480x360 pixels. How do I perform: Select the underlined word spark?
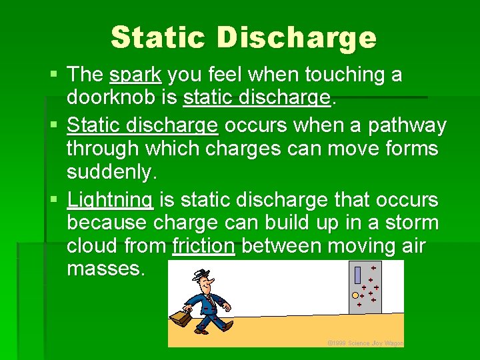coord(135,75)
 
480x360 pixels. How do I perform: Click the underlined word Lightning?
coord(111,199)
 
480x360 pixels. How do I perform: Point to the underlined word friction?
coord(203,246)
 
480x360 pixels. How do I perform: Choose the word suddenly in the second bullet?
coord(111,172)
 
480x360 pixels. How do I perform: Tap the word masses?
coord(105,269)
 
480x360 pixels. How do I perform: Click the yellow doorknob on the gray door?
coord(355,294)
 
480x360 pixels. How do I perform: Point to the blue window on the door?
coord(357,275)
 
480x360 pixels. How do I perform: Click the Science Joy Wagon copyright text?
coord(365,343)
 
